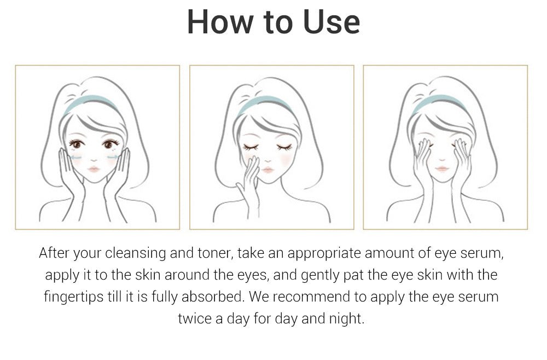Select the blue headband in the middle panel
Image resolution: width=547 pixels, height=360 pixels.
pyautogui.click(x=267, y=101)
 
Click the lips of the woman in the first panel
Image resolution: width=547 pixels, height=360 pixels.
pyautogui.click(x=94, y=170)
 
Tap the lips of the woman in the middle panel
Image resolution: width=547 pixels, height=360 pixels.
pyautogui.click(x=267, y=170)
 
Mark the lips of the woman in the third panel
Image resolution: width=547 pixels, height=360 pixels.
pyautogui.click(x=442, y=169)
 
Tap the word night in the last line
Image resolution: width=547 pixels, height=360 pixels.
pyautogui.click(x=346, y=318)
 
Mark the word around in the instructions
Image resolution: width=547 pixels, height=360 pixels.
pyautogui.click(x=181, y=275)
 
